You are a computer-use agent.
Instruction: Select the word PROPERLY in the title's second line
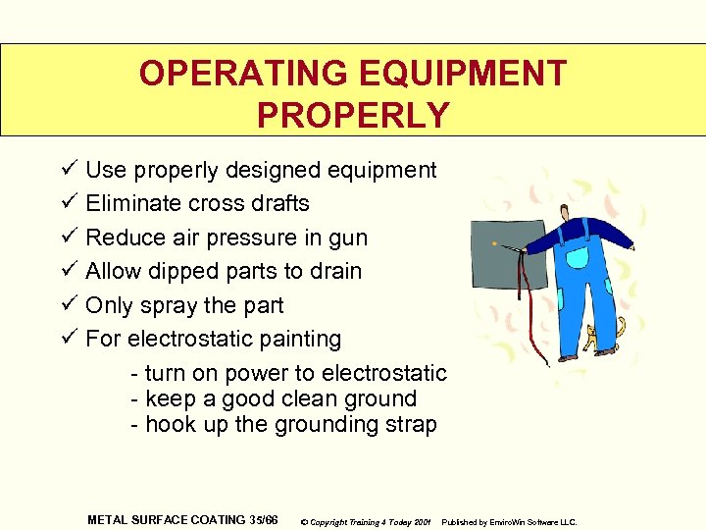click(353, 115)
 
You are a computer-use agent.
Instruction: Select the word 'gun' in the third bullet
click(348, 238)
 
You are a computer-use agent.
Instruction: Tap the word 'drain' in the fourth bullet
click(335, 271)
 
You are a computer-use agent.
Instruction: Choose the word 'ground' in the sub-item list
click(383, 399)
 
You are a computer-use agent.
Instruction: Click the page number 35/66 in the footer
click(263, 519)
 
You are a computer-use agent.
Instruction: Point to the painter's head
click(567, 213)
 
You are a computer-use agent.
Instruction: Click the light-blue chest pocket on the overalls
click(577, 258)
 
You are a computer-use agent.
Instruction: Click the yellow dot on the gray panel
click(495, 242)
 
